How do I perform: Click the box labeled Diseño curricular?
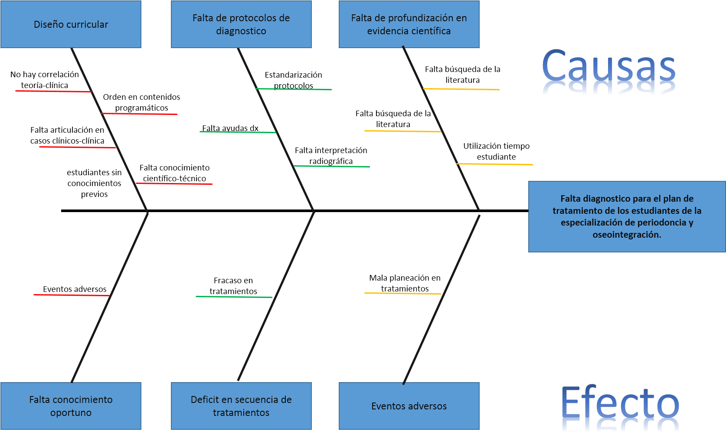coord(71,24)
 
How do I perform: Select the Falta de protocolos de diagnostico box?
coord(241,24)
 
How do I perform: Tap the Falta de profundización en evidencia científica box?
coord(409,24)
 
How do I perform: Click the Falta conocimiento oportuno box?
coord(71,406)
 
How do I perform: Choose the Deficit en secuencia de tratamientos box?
coord(241,406)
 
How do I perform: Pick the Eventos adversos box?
coord(409,406)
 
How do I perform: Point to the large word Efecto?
coord(620,403)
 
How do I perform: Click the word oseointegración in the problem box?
coord(627,235)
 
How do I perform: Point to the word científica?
coord(431,31)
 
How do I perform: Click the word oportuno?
coord(71,413)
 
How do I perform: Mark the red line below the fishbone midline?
coord(72,295)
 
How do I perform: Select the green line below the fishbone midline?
coord(234,297)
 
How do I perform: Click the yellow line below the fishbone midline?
coord(402,294)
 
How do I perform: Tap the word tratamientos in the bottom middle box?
coord(241,413)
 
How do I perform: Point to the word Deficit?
coord(205,400)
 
